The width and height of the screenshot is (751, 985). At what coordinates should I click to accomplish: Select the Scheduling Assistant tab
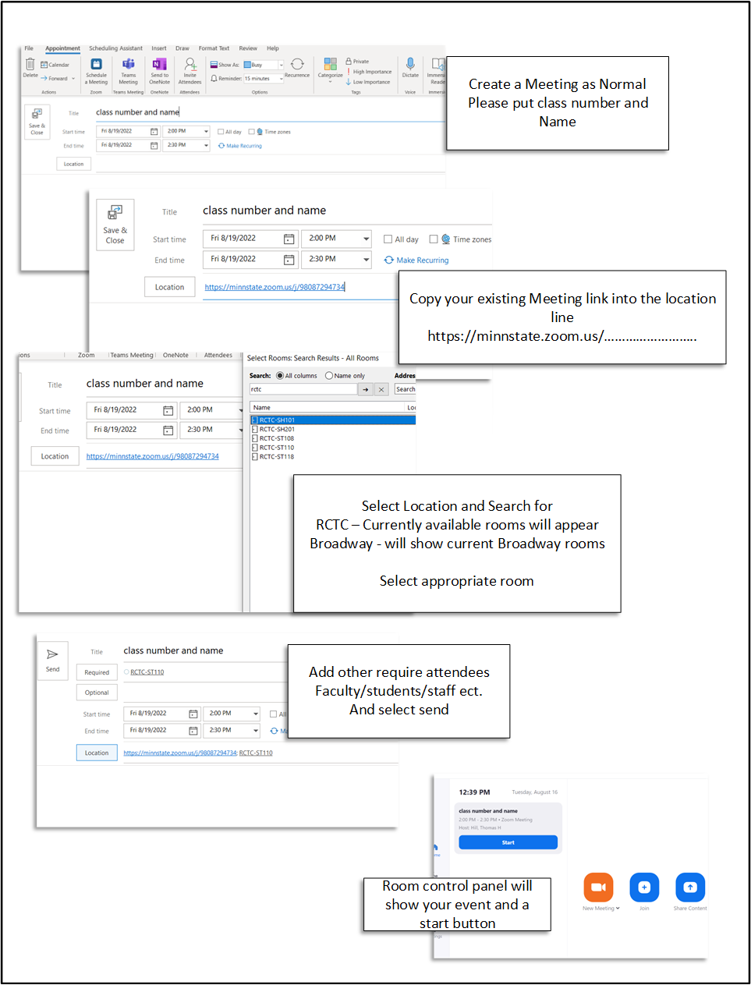point(115,48)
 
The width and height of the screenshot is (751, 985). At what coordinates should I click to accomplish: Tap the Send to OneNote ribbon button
point(159,70)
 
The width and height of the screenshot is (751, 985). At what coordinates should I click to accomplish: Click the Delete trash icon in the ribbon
point(30,66)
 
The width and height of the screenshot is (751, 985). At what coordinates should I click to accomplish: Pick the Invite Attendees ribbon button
point(190,70)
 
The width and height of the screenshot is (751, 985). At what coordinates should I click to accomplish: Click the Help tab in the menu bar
point(273,48)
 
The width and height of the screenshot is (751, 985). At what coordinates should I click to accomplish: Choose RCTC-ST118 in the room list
point(277,457)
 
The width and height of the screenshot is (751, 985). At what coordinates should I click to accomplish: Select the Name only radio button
point(329,376)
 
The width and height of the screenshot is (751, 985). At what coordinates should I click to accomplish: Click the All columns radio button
point(280,376)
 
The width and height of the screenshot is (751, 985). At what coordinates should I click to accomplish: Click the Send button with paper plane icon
point(52,660)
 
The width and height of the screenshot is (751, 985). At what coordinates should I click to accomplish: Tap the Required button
point(97,672)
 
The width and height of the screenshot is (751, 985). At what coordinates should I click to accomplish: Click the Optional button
point(97,693)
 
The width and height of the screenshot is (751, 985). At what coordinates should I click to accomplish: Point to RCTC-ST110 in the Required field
point(147,672)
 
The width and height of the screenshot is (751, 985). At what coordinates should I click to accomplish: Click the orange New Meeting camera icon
point(598,888)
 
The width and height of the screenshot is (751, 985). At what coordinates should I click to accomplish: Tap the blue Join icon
point(644,888)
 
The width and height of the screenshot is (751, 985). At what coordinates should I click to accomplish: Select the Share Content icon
point(690,888)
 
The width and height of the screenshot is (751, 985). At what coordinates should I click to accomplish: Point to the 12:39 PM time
point(474,792)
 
